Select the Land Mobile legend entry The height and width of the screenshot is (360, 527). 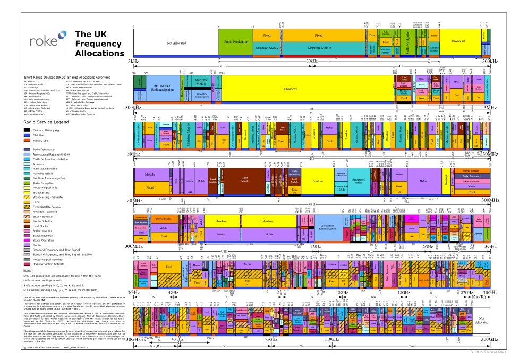pos(42,226)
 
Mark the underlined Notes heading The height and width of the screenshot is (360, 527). pos(28,270)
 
